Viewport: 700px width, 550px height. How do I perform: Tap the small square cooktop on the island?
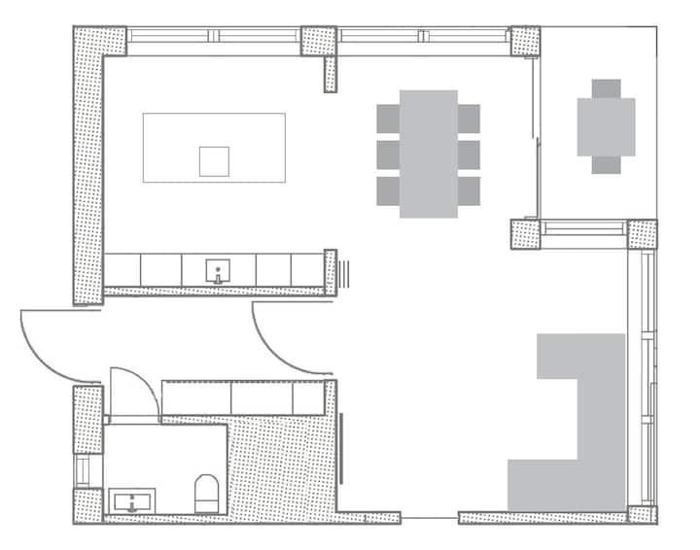pyautogui.click(x=214, y=161)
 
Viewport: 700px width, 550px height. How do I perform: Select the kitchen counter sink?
pyautogui.click(x=220, y=270)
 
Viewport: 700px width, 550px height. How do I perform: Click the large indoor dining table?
pyautogui.click(x=428, y=154)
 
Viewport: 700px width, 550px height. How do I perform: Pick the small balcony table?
pyautogui.click(x=606, y=126)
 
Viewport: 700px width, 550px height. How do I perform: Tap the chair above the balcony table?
pyautogui.click(x=606, y=88)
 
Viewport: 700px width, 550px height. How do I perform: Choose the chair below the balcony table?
pyautogui.click(x=606, y=164)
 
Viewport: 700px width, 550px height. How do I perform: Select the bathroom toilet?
pyautogui.click(x=206, y=493)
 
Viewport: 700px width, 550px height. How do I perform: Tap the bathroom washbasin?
pyautogui.click(x=130, y=502)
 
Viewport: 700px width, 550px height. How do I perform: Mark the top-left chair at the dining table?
pyautogui.click(x=388, y=119)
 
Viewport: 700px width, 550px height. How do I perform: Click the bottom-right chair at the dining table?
pyautogui.click(x=469, y=189)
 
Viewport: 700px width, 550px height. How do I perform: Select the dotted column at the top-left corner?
pyautogui.click(x=99, y=41)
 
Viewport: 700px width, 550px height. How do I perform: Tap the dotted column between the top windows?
pyautogui.click(x=319, y=41)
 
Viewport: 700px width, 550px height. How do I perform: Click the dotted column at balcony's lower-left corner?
pyautogui.click(x=525, y=234)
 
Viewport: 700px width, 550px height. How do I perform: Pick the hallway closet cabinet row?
pyautogui.click(x=242, y=397)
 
